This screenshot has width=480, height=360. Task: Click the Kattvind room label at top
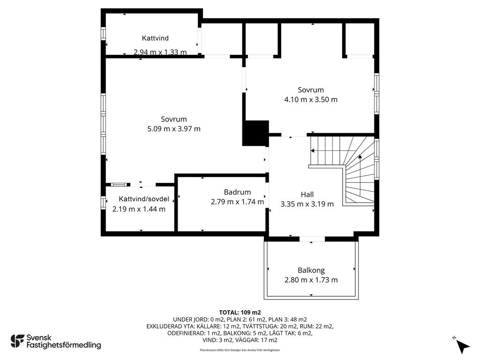[x=155, y=38]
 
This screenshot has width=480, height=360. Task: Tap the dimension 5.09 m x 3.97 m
[x=174, y=129]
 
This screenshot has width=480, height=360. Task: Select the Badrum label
[x=237, y=192]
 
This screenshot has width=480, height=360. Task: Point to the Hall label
[x=307, y=195]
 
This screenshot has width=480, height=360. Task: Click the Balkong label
[x=311, y=270]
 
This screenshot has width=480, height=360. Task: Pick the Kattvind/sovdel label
[x=144, y=199]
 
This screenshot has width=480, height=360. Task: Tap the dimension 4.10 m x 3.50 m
[x=311, y=99]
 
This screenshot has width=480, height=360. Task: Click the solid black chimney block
[x=255, y=133]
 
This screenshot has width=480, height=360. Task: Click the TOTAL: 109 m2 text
[x=240, y=313]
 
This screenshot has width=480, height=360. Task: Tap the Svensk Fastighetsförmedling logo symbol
[x=17, y=341]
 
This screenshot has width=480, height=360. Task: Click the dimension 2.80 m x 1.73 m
[x=311, y=280]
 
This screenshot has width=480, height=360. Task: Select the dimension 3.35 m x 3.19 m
[x=307, y=204]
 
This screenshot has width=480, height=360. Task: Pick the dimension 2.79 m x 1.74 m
[x=237, y=202]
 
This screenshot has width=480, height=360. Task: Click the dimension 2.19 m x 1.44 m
[x=139, y=209]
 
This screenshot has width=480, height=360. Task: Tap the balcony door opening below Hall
[x=312, y=239]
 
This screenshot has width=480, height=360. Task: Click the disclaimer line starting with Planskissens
[x=240, y=350]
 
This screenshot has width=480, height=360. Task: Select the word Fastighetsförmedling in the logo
[x=64, y=345]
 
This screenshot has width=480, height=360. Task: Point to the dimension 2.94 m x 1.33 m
[x=160, y=52]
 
